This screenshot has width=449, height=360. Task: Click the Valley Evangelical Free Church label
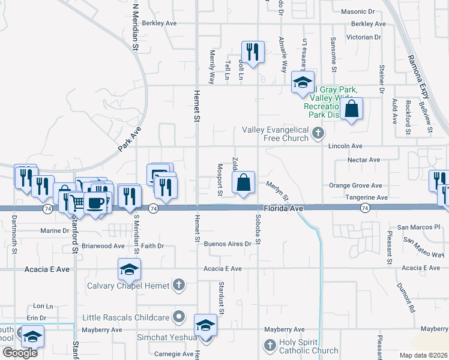click(275, 134)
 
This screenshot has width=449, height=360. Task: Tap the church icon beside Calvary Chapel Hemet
click(179, 285)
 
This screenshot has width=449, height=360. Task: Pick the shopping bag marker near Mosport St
click(244, 182)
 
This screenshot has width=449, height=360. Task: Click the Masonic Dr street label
click(357, 11)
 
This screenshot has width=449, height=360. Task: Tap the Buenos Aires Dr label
click(226, 244)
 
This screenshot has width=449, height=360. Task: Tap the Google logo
click(19, 353)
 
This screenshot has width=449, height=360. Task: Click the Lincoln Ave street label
click(345, 146)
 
